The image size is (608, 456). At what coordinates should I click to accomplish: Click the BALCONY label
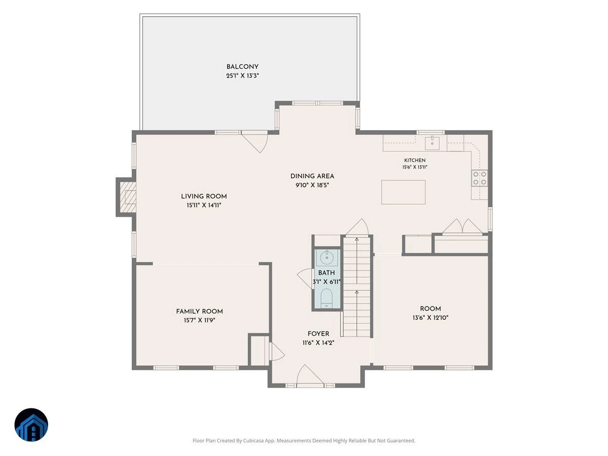242,67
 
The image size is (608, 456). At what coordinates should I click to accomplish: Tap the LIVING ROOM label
204,196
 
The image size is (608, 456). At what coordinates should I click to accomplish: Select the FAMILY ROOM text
200,311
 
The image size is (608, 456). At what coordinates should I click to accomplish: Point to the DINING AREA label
312,176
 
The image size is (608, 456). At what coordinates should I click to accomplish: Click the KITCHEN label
414,160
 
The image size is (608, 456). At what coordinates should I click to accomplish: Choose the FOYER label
318,333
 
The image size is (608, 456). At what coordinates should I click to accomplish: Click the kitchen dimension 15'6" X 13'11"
414,167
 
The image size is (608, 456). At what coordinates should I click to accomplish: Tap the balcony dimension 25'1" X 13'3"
242,75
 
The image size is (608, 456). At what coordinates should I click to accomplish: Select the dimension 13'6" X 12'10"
431,318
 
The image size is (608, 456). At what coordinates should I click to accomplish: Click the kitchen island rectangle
403,192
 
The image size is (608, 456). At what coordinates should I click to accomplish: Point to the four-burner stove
479,178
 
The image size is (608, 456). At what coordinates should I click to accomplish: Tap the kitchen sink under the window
432,142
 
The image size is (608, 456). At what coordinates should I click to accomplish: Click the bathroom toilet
327,298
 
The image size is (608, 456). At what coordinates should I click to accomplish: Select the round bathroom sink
327,257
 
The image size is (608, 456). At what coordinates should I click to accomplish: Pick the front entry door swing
310,374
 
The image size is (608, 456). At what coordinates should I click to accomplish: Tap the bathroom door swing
305,278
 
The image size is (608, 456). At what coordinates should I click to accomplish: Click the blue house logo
31,425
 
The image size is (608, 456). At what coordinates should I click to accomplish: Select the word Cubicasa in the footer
253,440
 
